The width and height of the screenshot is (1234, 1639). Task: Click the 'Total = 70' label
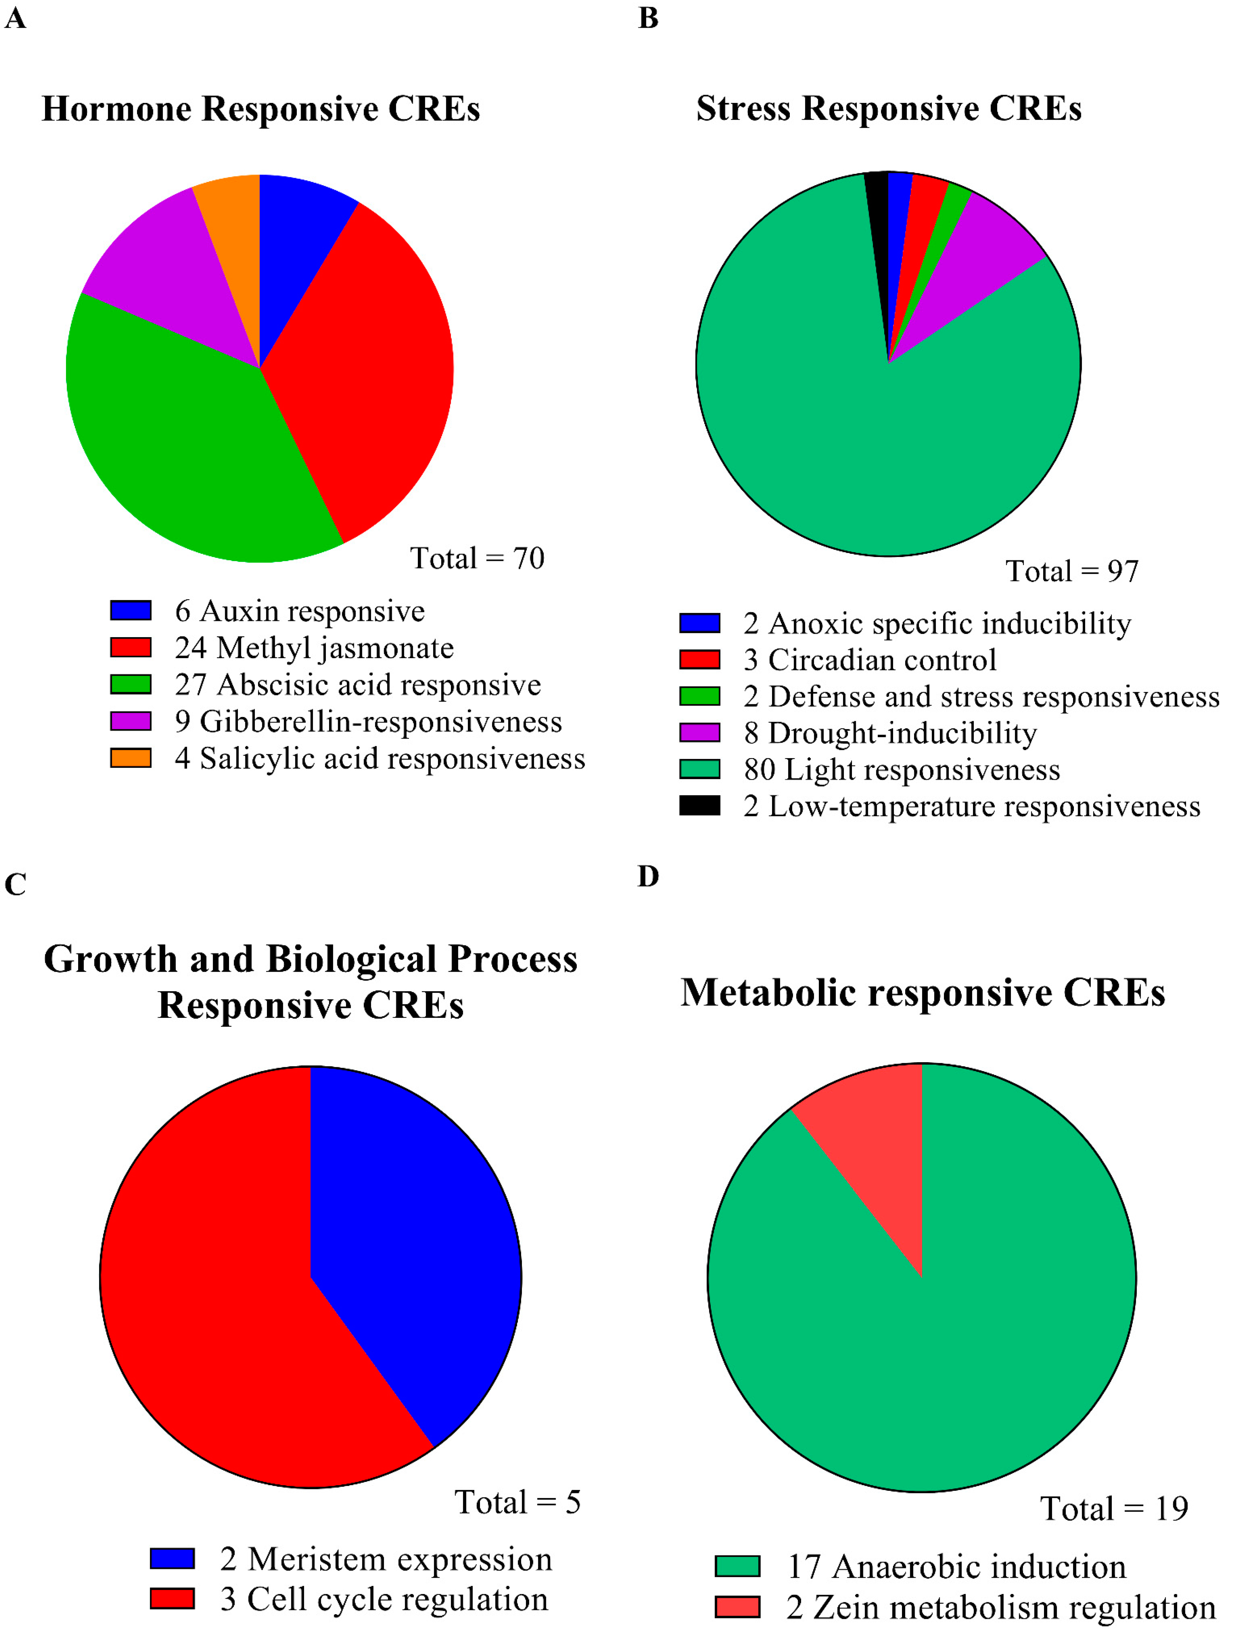(x=477, y=558)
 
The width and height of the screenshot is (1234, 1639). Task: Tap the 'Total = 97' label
(x=1072, y=571)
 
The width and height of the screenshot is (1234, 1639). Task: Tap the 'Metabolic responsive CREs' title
(x=923, y=992)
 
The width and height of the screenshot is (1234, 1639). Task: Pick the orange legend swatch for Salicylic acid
(x=131, y=758)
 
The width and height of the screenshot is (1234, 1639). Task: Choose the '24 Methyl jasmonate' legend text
(x=314, y=647)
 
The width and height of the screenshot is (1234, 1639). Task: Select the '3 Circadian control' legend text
(x=870, y=659)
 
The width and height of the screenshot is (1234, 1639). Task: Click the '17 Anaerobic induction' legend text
(x=956, y=1567)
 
